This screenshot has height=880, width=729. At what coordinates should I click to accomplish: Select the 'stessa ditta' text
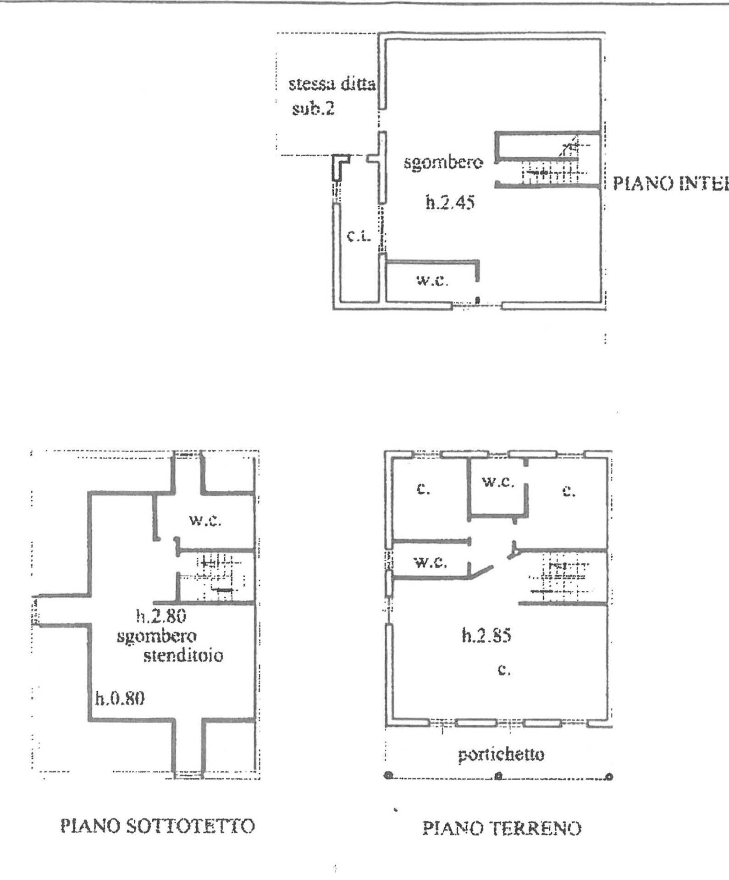click(x=332, y=84)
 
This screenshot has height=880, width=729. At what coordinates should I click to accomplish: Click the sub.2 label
click(x=314, y=109)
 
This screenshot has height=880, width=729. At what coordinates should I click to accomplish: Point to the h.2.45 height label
click(x=450, y=202)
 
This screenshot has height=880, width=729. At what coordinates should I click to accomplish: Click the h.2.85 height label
click(x=486, y=636)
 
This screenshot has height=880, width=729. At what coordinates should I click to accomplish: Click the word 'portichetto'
click(x=501, y=754)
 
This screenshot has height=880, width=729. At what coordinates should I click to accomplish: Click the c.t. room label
click(x=358, y=236)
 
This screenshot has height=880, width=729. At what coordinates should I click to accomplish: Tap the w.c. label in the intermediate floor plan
click(x=432, y=280)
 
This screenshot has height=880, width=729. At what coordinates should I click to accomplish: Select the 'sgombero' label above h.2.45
click(x=443, y=162)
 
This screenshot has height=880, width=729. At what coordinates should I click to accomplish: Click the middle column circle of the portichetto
click(x=499, y=776)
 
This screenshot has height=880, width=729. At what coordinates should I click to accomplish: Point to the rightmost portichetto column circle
click(x=609, y=776)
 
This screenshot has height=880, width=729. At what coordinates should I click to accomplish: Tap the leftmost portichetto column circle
click(x=388, y=775)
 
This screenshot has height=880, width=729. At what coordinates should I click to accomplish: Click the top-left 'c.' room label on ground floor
click(x=423, y=489)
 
